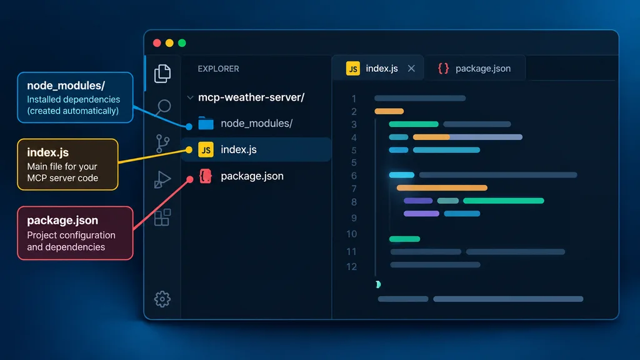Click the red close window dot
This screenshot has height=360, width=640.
click(157, 43)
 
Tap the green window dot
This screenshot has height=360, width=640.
click(182, 43)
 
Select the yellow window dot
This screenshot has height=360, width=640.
click(169, 43)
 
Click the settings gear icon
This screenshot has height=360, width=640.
click(162, 299)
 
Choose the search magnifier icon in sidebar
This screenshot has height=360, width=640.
click(163, 107)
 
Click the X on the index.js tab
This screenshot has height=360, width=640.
click(411, 69)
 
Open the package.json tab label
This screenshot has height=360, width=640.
click(483, 69)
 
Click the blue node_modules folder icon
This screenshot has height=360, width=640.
click(206, 123)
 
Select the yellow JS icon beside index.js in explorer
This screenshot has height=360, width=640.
click(206, 150)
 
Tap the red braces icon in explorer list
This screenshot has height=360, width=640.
click(205, 176)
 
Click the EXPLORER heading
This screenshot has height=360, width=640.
click(218, 69)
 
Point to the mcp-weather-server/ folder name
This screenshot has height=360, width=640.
click(251, 97)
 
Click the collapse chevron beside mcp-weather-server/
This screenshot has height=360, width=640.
click(190, 97)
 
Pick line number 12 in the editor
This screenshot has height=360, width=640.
click(351, 266)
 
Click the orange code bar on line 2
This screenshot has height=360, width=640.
click(389, 111)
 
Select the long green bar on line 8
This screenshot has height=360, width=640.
click(504, 201)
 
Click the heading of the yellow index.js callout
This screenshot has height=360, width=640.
click(47, 152)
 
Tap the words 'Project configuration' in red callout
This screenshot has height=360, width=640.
click(71, 235)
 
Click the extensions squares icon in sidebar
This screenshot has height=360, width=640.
click(162, 217)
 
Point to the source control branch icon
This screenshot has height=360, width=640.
click(162, 144)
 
